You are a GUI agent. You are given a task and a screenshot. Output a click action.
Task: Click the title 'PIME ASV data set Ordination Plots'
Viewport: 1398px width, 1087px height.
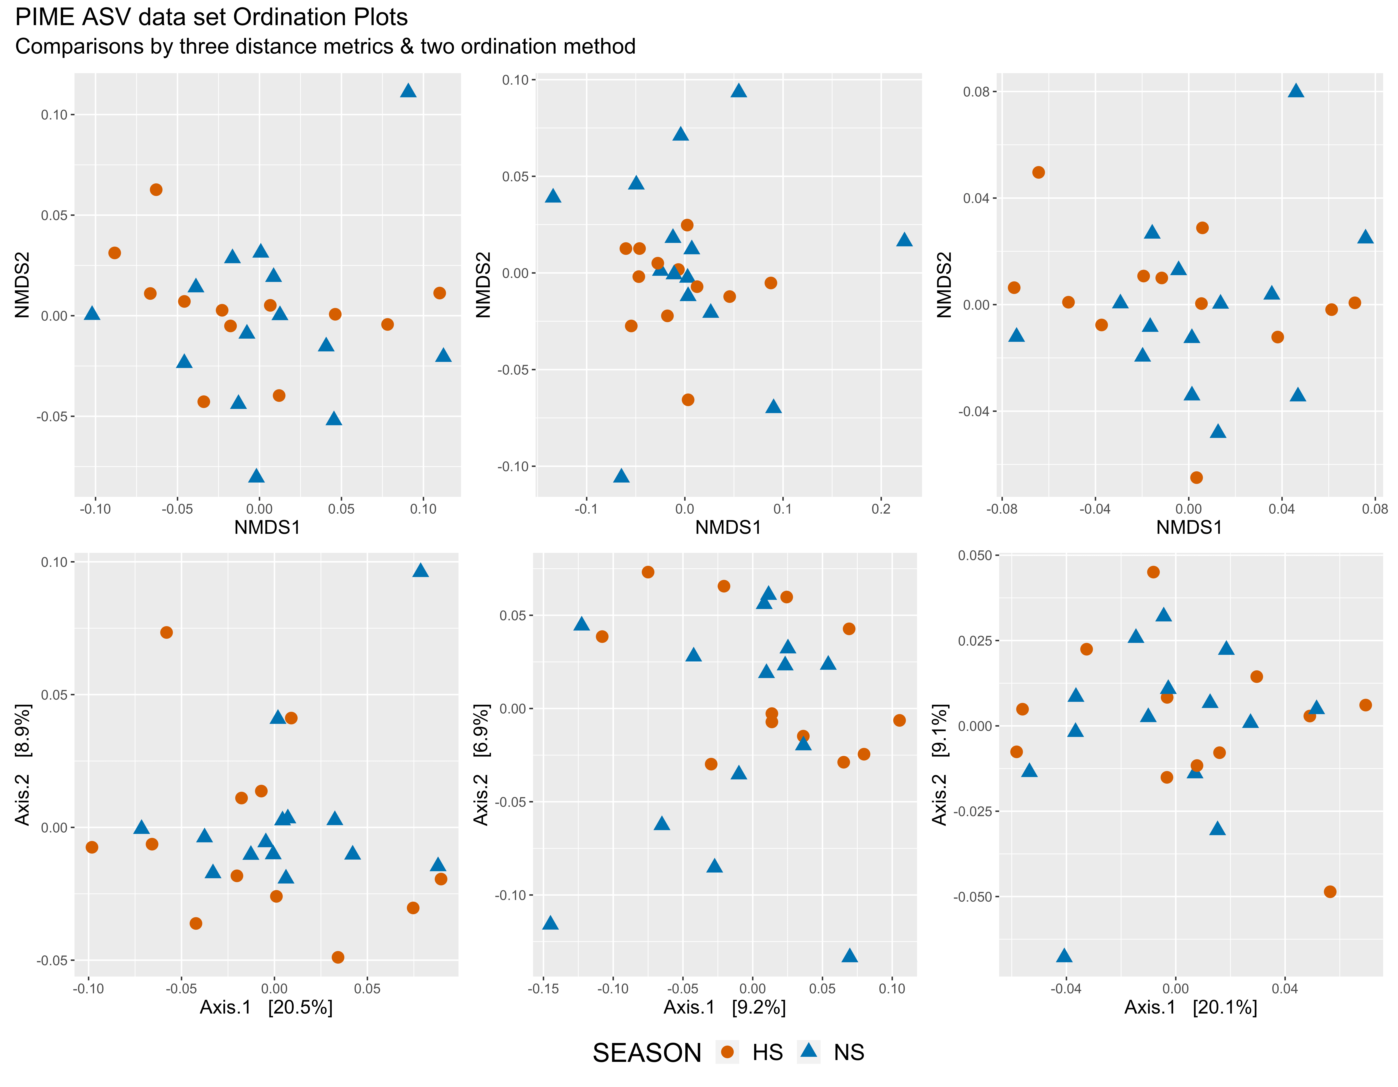211,17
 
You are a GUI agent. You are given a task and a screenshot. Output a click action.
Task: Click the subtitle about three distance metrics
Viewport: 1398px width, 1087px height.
325,47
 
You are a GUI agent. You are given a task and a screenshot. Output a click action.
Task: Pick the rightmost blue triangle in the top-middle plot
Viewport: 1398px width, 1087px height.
904,239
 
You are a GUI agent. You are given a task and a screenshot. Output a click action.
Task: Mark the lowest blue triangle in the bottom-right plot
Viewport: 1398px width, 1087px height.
1064,955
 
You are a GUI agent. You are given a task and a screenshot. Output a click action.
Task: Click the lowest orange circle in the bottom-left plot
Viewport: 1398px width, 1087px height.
338,957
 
